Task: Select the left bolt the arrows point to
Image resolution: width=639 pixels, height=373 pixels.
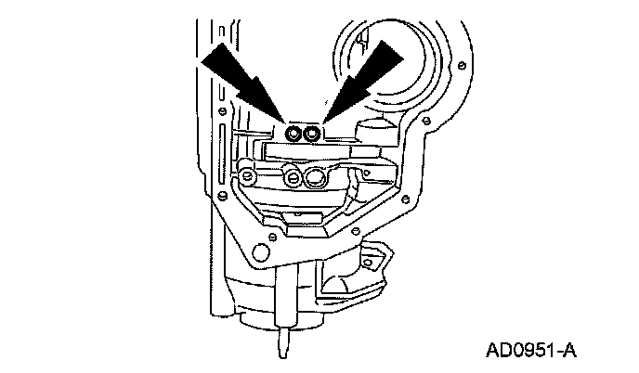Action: pyautogui.click(x=294, y=135)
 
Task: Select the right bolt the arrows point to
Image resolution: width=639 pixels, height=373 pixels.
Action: pyautogui.click(x=313, y=135)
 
